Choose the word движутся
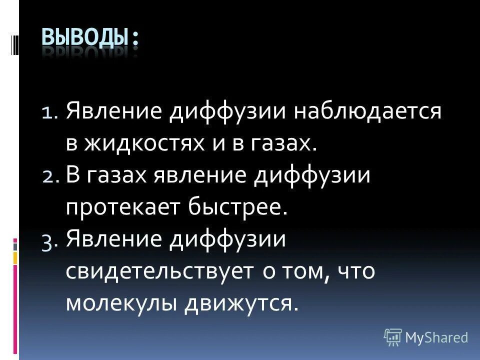[244, 303]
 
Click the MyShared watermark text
[436, 337]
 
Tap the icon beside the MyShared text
[393, 337]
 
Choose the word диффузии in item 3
[228, 240]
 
